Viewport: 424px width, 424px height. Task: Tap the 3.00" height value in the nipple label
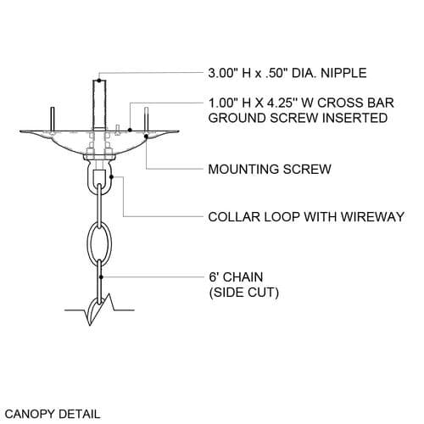click(222, 73)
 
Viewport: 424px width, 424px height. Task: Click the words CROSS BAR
click(355, 103)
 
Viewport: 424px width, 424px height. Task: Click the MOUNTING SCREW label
click(270, 169)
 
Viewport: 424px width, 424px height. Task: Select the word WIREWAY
click(372, 217)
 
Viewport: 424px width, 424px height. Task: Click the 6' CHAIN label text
click(236, 276)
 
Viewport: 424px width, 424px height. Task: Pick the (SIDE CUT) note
click(244, 293)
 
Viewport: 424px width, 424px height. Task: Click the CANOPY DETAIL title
click(53, 414)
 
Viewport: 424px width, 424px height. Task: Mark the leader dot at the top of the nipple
click(99, 81)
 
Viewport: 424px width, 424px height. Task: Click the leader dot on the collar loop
click(111, 177)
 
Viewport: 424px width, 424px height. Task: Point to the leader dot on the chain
click(101, 277)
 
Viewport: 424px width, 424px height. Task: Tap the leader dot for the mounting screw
click(146, 137)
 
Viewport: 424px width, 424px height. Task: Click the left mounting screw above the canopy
click(53, 119)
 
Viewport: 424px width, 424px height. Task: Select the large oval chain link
click(99, 243)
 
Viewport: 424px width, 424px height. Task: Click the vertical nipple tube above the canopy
click(99, 105)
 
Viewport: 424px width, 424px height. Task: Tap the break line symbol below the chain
click(99, 310)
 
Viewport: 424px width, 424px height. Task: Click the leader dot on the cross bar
click(130, 130)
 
